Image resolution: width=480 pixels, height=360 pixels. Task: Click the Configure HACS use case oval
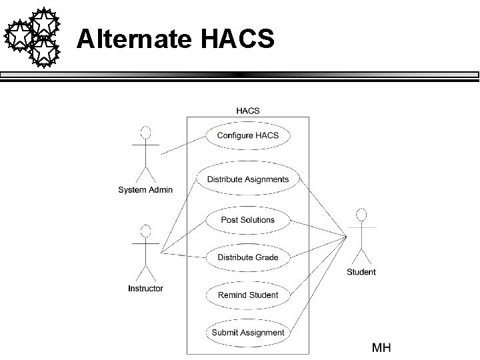point(248,135)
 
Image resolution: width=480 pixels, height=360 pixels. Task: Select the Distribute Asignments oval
point(248,179)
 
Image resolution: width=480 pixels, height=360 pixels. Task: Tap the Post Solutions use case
point(248,220)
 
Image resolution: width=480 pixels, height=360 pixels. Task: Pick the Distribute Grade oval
point(248,257)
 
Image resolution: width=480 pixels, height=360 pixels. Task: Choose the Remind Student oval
point(248,295)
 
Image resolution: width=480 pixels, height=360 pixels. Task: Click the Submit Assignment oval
point(248,332)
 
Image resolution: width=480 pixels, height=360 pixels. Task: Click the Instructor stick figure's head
point(145,231)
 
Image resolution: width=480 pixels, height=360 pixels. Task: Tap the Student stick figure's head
point(361,214)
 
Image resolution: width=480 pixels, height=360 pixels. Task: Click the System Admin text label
point(145,190)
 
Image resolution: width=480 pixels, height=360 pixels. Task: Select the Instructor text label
point(145,289)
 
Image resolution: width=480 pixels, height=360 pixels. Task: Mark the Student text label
point(361,272)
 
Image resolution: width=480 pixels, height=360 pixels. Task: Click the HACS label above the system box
point(248,111)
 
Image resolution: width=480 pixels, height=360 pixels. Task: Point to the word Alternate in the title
point(134,40)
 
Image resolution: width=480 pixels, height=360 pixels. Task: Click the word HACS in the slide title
point(237,40)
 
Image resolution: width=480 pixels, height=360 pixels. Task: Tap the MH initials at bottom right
point(381,347)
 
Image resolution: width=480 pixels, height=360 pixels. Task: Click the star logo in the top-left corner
point(33,37)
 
